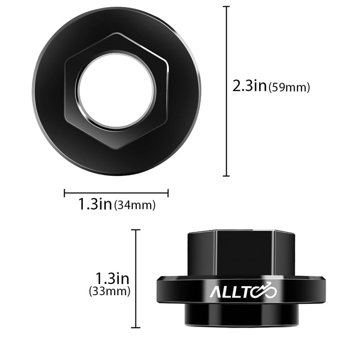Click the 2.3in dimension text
coord(250,85)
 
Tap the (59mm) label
coord(289,87)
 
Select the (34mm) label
coord(135,206)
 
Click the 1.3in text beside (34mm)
coord(95,204)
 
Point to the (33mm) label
coord(110,292)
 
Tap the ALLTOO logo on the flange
coord(243,291)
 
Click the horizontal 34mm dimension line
coord(116,193)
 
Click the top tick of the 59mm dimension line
coord(226,7)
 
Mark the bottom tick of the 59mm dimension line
coord(226,176)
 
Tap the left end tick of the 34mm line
coord(65,193)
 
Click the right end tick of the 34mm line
coord(168,193)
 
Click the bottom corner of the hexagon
coord(117,149)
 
